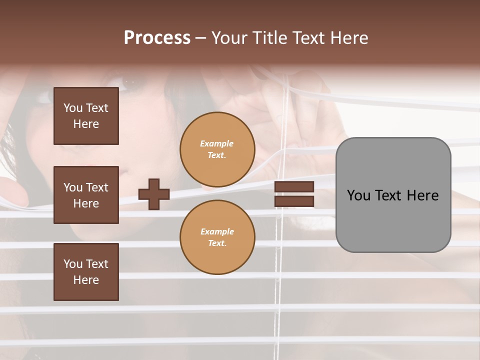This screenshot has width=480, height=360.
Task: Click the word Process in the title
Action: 157,37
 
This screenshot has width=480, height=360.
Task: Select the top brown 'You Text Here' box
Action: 86,116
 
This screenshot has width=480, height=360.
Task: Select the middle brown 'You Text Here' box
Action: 86,195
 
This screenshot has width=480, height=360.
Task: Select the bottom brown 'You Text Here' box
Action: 86,272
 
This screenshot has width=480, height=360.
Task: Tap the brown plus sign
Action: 154,194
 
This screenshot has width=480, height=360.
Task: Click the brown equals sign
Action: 294,194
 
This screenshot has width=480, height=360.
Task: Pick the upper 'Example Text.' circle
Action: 217,149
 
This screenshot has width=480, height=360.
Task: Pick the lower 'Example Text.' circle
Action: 217,237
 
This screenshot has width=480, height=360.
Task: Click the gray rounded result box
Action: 393,195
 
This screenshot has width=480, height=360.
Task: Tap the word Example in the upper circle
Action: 217,143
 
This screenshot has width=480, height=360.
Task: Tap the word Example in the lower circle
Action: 217,231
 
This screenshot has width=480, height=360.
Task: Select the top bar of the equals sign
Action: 294,187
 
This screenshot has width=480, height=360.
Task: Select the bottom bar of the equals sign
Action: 294,201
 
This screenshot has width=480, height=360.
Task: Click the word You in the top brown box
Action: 73,108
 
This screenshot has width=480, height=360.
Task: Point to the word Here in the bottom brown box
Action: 86,280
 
